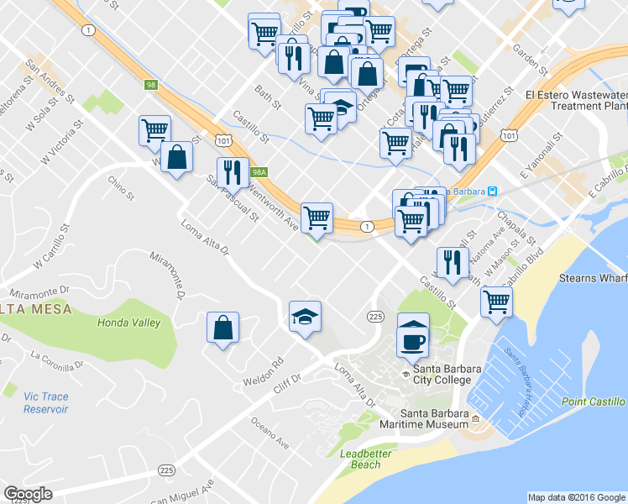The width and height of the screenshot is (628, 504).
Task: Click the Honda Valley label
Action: (128, 323)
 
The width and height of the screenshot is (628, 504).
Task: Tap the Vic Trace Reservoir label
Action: (45, 402)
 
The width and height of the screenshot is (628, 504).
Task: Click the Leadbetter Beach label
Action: (365, 459)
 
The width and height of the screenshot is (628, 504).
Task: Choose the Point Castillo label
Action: (594, 402)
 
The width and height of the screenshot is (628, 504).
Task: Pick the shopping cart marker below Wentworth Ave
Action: (317, 218)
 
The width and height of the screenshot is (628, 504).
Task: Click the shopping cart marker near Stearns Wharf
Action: (497, 300)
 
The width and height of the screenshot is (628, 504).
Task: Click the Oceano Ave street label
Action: (270, 432)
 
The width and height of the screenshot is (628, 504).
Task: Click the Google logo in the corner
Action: (28, 494)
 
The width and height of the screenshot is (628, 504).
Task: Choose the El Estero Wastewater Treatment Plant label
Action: (576, 101)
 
